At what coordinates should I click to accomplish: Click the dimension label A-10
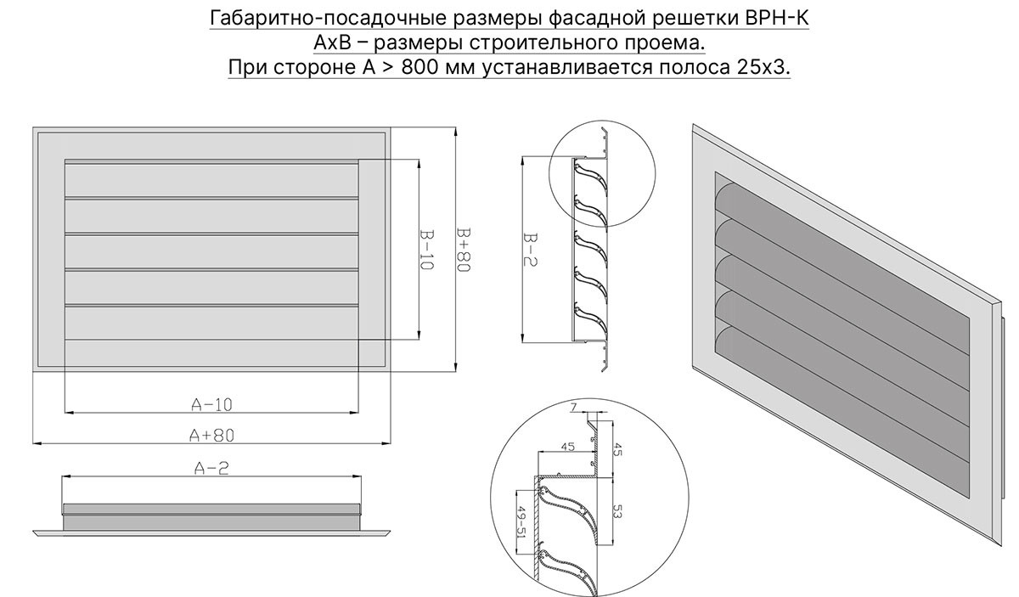click(x=211, y=403)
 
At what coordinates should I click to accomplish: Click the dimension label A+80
click(x=211, y=435)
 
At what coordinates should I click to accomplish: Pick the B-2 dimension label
click(x=526, y=250)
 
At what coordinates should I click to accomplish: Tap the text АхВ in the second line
click(x=334, y=43)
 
